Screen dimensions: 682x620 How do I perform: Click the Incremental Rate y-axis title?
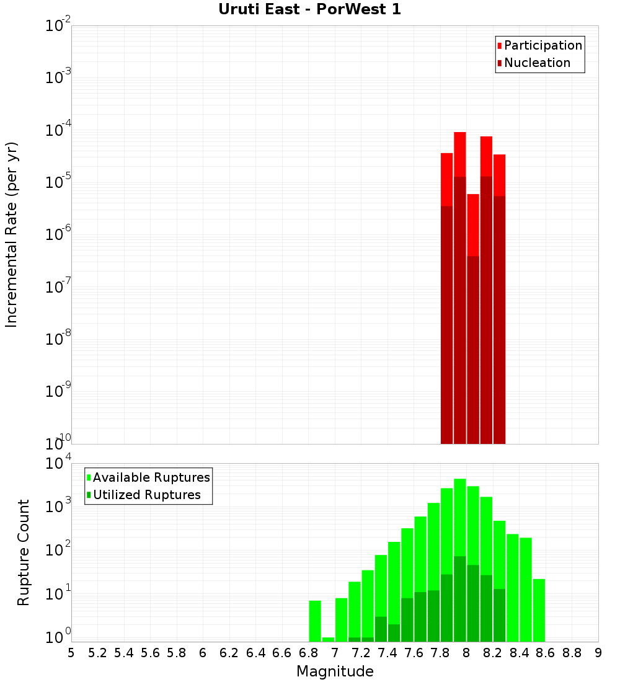pos(12,234)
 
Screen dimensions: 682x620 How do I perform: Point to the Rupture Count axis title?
pos(24,552)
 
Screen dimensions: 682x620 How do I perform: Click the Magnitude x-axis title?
pos(335,671)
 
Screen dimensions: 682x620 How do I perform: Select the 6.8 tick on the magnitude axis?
pos(308,652)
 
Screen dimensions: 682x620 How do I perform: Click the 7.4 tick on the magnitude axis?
pos(387,652)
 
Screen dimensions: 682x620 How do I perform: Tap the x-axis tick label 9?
pos(598,652)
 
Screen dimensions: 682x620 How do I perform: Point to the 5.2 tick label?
pos(98,652)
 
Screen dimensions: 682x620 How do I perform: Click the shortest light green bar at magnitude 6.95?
pos(328,639)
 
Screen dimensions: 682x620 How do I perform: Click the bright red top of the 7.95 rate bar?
pos(459,154)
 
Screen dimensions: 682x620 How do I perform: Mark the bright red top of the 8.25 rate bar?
pos(499,175)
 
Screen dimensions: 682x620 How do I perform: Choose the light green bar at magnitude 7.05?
pos(341,620)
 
